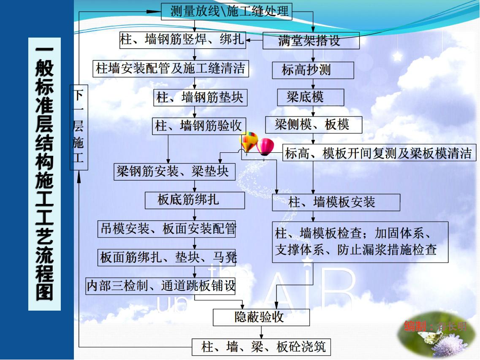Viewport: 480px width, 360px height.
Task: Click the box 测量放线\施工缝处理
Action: [227, 11]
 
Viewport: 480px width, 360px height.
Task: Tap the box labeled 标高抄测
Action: [313, 70]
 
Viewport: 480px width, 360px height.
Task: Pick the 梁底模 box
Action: [310, 97]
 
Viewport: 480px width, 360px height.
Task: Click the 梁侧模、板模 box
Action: [313, 125]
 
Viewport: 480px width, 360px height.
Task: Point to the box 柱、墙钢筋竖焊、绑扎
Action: [182, 40]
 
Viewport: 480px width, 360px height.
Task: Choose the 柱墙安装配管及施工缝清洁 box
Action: [171, 68]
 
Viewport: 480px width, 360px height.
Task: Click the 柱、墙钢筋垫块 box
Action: [200, 97]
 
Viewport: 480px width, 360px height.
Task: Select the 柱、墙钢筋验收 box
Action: [199, 125]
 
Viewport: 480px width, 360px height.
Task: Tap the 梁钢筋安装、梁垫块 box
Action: [174, 171]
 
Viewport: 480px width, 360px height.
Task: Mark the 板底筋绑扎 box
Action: [195, 200]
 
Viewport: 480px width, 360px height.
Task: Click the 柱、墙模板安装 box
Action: [336, 202]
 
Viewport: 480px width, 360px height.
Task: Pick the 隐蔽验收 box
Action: [261, 317]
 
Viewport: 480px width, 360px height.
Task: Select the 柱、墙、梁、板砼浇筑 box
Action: [261, 347]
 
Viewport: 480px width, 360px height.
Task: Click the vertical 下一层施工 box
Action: [79, 127]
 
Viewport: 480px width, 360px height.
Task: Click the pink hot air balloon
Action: [266, 146]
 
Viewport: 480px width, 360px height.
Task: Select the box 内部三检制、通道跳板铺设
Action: [161, 286]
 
